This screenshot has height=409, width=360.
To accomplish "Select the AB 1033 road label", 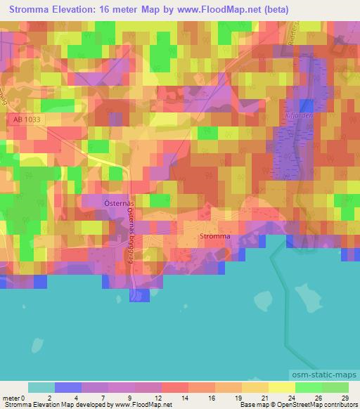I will [27, 121].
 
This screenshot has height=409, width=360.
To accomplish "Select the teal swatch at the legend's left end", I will [41, 387].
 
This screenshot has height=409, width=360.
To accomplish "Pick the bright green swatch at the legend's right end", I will [335, 387].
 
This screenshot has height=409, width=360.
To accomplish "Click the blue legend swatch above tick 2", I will [68, 387].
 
